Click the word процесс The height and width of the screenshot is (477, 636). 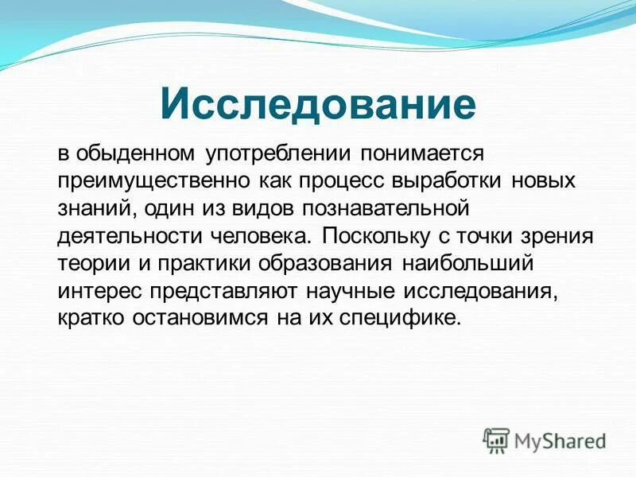[342, 180]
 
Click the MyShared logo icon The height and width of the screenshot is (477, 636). [496, 440]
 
